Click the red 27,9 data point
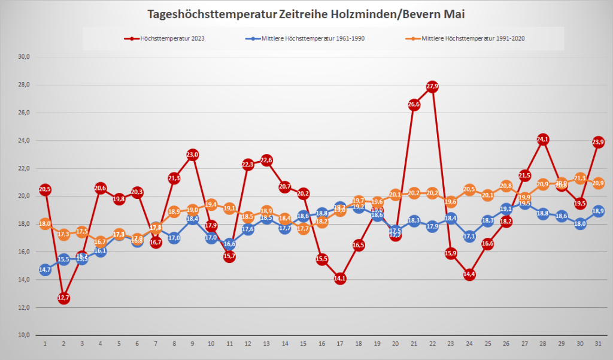432,86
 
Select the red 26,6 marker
414,104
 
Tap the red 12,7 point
63,298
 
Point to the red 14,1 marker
340,279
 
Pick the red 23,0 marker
192,155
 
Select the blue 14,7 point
45,270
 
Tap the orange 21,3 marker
579,178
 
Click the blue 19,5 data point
524,204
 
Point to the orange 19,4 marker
211,205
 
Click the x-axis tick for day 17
340,344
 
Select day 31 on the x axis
598,344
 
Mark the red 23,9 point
598,142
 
